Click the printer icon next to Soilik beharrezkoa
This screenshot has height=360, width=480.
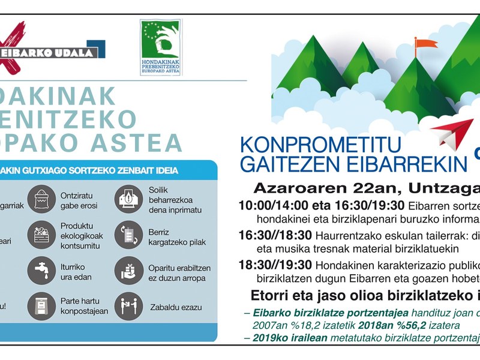(x=128, y=200)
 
